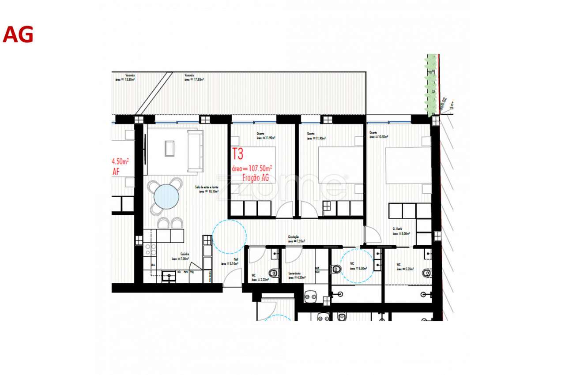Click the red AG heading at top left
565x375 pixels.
coord(18,35)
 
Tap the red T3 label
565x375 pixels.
coord(237,154)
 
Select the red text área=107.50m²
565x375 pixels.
coord(252,168)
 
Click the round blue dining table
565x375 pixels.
coord(166,196)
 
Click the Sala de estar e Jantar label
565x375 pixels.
coord(207,189)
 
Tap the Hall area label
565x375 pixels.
coord(230,262)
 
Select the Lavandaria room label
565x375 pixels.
coord(295,275)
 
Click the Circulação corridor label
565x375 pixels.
coord(294,240)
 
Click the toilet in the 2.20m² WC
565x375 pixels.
coord(274,273)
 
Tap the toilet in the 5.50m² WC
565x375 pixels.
coord(337,268)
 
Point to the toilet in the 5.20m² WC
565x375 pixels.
coord(426,273)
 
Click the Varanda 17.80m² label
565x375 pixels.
coord(194,78)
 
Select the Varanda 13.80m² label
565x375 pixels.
coord(125,78)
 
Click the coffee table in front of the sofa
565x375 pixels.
coord(169,148)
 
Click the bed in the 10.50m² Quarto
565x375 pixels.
coord(408,165)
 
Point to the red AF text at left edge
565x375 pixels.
coord(116,172)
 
